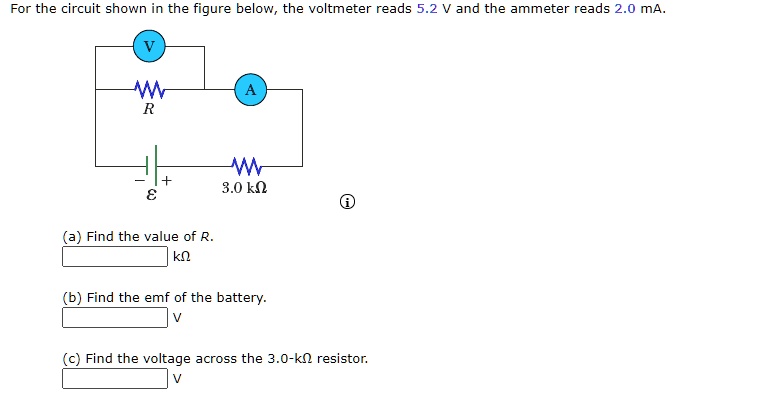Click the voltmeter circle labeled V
pos(149,45)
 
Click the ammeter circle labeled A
pos(250,90)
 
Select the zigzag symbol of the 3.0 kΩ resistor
pos(246,165)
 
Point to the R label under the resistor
pos(148,111)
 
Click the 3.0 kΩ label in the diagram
pos(245,187)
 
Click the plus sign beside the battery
pos(168,181)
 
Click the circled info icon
pos(347,204)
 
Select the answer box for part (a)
pos(115,257)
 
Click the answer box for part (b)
pos(115,318)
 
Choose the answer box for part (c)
pos(115,378)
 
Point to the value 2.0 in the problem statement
pos(622,10)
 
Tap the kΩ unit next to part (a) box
pos(181,258)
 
